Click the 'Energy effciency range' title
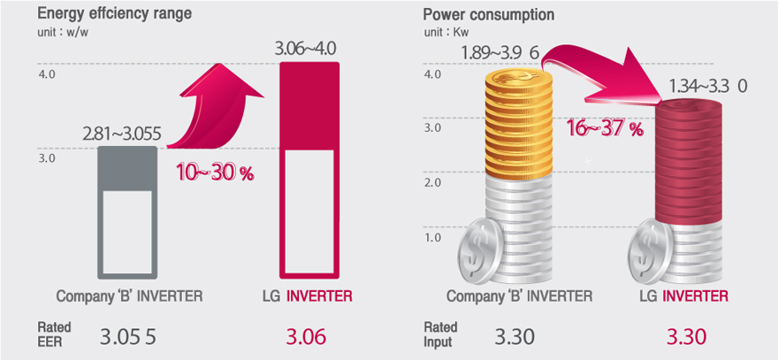tap(115, 13)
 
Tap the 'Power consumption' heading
tap(488, 14)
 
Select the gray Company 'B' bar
tap(127, 212)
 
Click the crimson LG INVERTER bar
tap(309, 170)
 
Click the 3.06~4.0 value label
tap(306, 50)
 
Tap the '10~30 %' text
tap(214, 173)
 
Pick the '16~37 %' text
tap(605, 129)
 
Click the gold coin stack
tap(518, 124)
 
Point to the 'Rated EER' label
tap(54, 334)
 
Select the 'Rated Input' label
tap(440, 334)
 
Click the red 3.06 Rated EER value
tap(306, 338)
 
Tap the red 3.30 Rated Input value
tap(687, 338)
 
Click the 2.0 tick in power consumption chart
tap(432, 183)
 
